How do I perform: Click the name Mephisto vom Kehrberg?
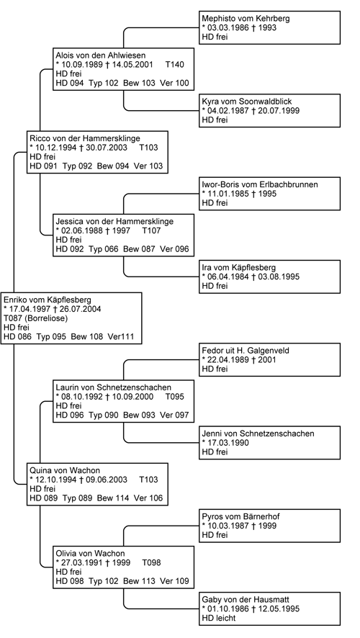pos(246,19)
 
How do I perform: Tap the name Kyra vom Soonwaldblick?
pos(247,102)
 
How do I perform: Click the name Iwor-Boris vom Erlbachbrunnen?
pos(260,185)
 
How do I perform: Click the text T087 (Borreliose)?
pos(36,318)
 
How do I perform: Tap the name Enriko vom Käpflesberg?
pos(48,300)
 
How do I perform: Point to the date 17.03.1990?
pos(225,443)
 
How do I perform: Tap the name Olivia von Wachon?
pos(90,554)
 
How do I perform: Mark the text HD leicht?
pos(219,618)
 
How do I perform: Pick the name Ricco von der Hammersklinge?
pos(85,139)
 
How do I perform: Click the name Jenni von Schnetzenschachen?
pos(258,433)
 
